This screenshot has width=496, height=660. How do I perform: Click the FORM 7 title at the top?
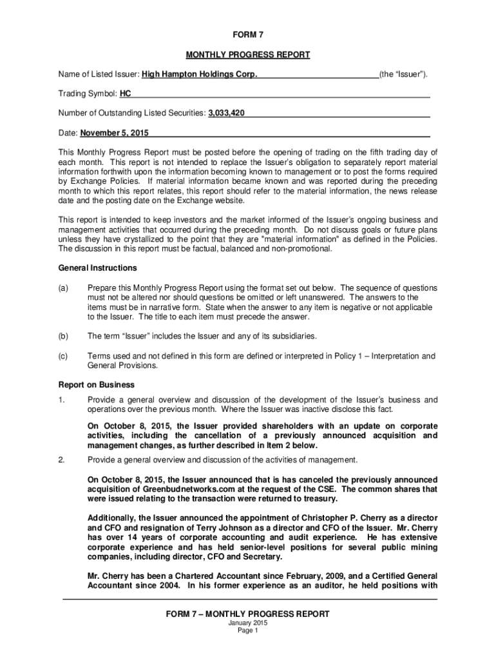click(x=247, y=35)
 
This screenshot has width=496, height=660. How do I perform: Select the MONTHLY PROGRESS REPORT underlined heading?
click(x=248, y=55)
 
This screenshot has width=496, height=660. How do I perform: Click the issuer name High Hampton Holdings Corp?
click(x=200, y=75)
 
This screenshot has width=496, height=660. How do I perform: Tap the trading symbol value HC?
click(x=126, y=94)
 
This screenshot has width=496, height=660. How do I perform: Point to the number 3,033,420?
click(x=226, y=114)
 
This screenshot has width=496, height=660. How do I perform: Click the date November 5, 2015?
click(x=114, y=133)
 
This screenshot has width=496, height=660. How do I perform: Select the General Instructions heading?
click(x=97, y=268)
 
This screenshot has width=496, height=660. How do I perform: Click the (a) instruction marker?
click(x=63, y=287)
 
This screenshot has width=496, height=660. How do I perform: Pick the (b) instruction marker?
click(x=63, y=336)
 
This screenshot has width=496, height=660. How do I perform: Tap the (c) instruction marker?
click(x=63, y=356)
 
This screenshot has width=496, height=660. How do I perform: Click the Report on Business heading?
click(x=97, y=385)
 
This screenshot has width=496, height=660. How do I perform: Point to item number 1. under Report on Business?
click(x=61, y=400)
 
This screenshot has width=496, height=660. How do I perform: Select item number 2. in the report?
click(x=61, y=460)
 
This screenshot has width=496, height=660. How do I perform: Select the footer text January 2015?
click(x=248, y=623)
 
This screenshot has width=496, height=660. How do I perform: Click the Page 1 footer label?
click(x=248, y=631)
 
